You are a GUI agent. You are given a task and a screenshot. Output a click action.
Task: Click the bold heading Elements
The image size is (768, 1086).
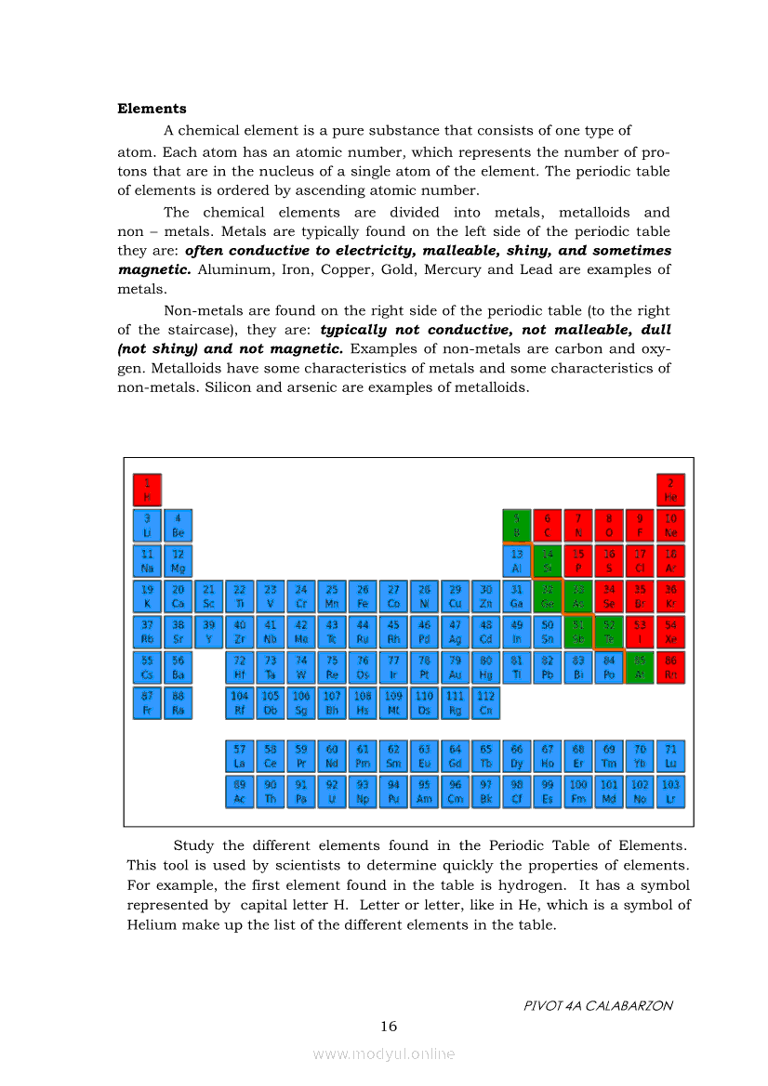152,109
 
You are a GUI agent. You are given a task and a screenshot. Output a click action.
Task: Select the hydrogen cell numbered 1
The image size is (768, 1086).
147,490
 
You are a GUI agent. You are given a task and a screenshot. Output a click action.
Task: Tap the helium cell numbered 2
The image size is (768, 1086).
670,490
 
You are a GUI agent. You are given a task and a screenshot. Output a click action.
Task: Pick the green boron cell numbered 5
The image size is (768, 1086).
516,525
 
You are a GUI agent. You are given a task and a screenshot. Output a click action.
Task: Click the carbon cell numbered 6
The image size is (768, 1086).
547,525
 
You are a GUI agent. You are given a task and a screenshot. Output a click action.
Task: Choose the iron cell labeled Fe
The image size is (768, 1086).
363,596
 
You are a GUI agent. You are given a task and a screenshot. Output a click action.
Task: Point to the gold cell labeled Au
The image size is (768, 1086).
455,668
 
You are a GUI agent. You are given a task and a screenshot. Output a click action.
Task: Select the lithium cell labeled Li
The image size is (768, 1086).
147,525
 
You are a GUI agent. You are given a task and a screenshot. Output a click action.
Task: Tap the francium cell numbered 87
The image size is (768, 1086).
147,703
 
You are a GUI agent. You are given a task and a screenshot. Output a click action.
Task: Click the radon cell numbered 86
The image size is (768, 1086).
670,668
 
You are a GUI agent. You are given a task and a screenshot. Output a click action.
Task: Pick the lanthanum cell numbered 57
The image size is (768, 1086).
240,756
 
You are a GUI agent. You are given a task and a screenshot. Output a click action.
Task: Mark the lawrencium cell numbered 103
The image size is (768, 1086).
670,792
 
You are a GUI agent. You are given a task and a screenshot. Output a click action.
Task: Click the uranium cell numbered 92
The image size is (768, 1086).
332,792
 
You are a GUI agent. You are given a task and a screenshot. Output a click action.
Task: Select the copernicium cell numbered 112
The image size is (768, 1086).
485,703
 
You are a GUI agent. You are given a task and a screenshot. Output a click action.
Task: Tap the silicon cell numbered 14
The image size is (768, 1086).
547,561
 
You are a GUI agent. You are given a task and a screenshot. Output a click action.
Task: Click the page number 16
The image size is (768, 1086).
389,1027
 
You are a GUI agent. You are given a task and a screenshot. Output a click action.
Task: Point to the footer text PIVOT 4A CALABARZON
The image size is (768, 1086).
598,1005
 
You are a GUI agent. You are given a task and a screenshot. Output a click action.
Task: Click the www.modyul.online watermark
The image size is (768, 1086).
384,1053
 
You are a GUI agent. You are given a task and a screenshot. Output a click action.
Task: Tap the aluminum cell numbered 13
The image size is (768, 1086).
516,561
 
